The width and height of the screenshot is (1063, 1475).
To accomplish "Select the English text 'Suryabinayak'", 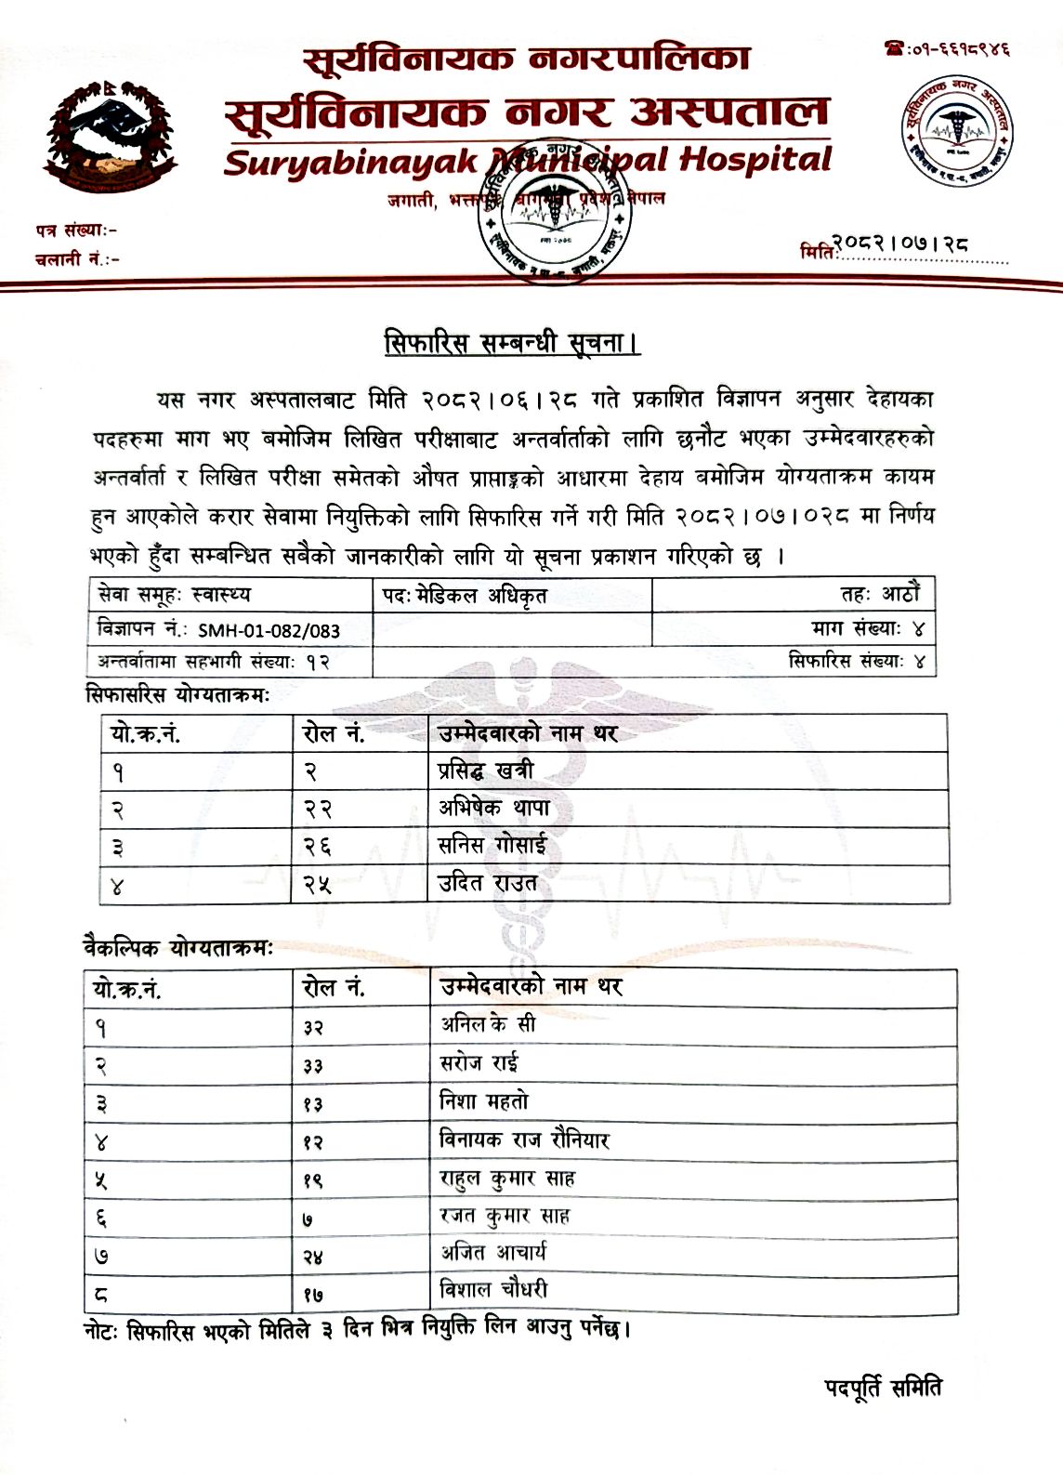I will [351, 164].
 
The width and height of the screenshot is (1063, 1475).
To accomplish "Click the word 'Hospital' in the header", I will [755, 160].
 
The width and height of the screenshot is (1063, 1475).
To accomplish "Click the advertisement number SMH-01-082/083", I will [269, 630].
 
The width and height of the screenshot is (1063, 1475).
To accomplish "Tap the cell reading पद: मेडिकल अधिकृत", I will [465, 596].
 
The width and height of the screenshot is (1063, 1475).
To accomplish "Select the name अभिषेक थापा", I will [493, 809].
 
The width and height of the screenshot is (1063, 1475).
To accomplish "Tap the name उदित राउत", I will [488, 884].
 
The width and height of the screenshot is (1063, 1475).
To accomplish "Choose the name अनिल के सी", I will [488, 1024].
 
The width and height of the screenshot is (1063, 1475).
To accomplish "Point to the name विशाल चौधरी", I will [493, 1290].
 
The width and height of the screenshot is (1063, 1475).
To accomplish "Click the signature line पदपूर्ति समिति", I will [883, 1388].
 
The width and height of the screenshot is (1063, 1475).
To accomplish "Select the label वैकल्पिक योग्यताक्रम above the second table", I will [177, 948].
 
